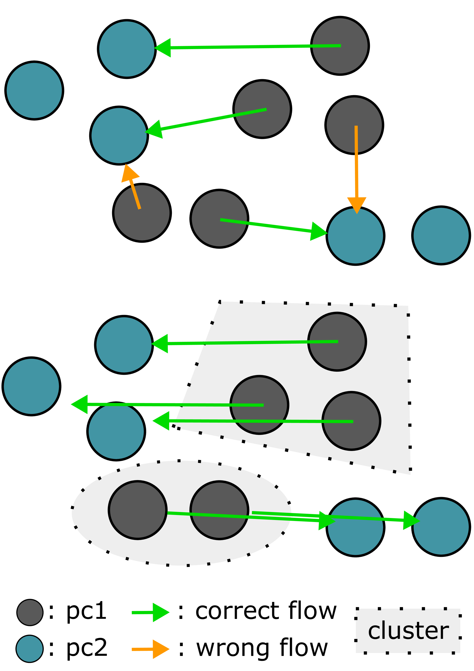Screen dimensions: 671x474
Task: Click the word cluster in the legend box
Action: click(408, 631)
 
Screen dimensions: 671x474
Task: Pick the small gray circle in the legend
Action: click(30, 612)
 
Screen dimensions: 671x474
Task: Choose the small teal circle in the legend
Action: click(29, 649)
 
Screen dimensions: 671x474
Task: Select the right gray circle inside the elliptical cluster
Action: click(219, 510)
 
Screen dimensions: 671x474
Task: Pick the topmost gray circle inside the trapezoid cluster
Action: click(337, 342)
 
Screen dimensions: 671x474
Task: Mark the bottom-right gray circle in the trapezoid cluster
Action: click(351, 421)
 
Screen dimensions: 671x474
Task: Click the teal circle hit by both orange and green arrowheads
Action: click(119, 136)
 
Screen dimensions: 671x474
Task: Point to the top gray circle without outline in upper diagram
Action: click(340, 46)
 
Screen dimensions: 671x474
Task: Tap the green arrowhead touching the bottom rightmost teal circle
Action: click(410, 520)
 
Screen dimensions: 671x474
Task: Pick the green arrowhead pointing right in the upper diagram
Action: click(318, 231)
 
